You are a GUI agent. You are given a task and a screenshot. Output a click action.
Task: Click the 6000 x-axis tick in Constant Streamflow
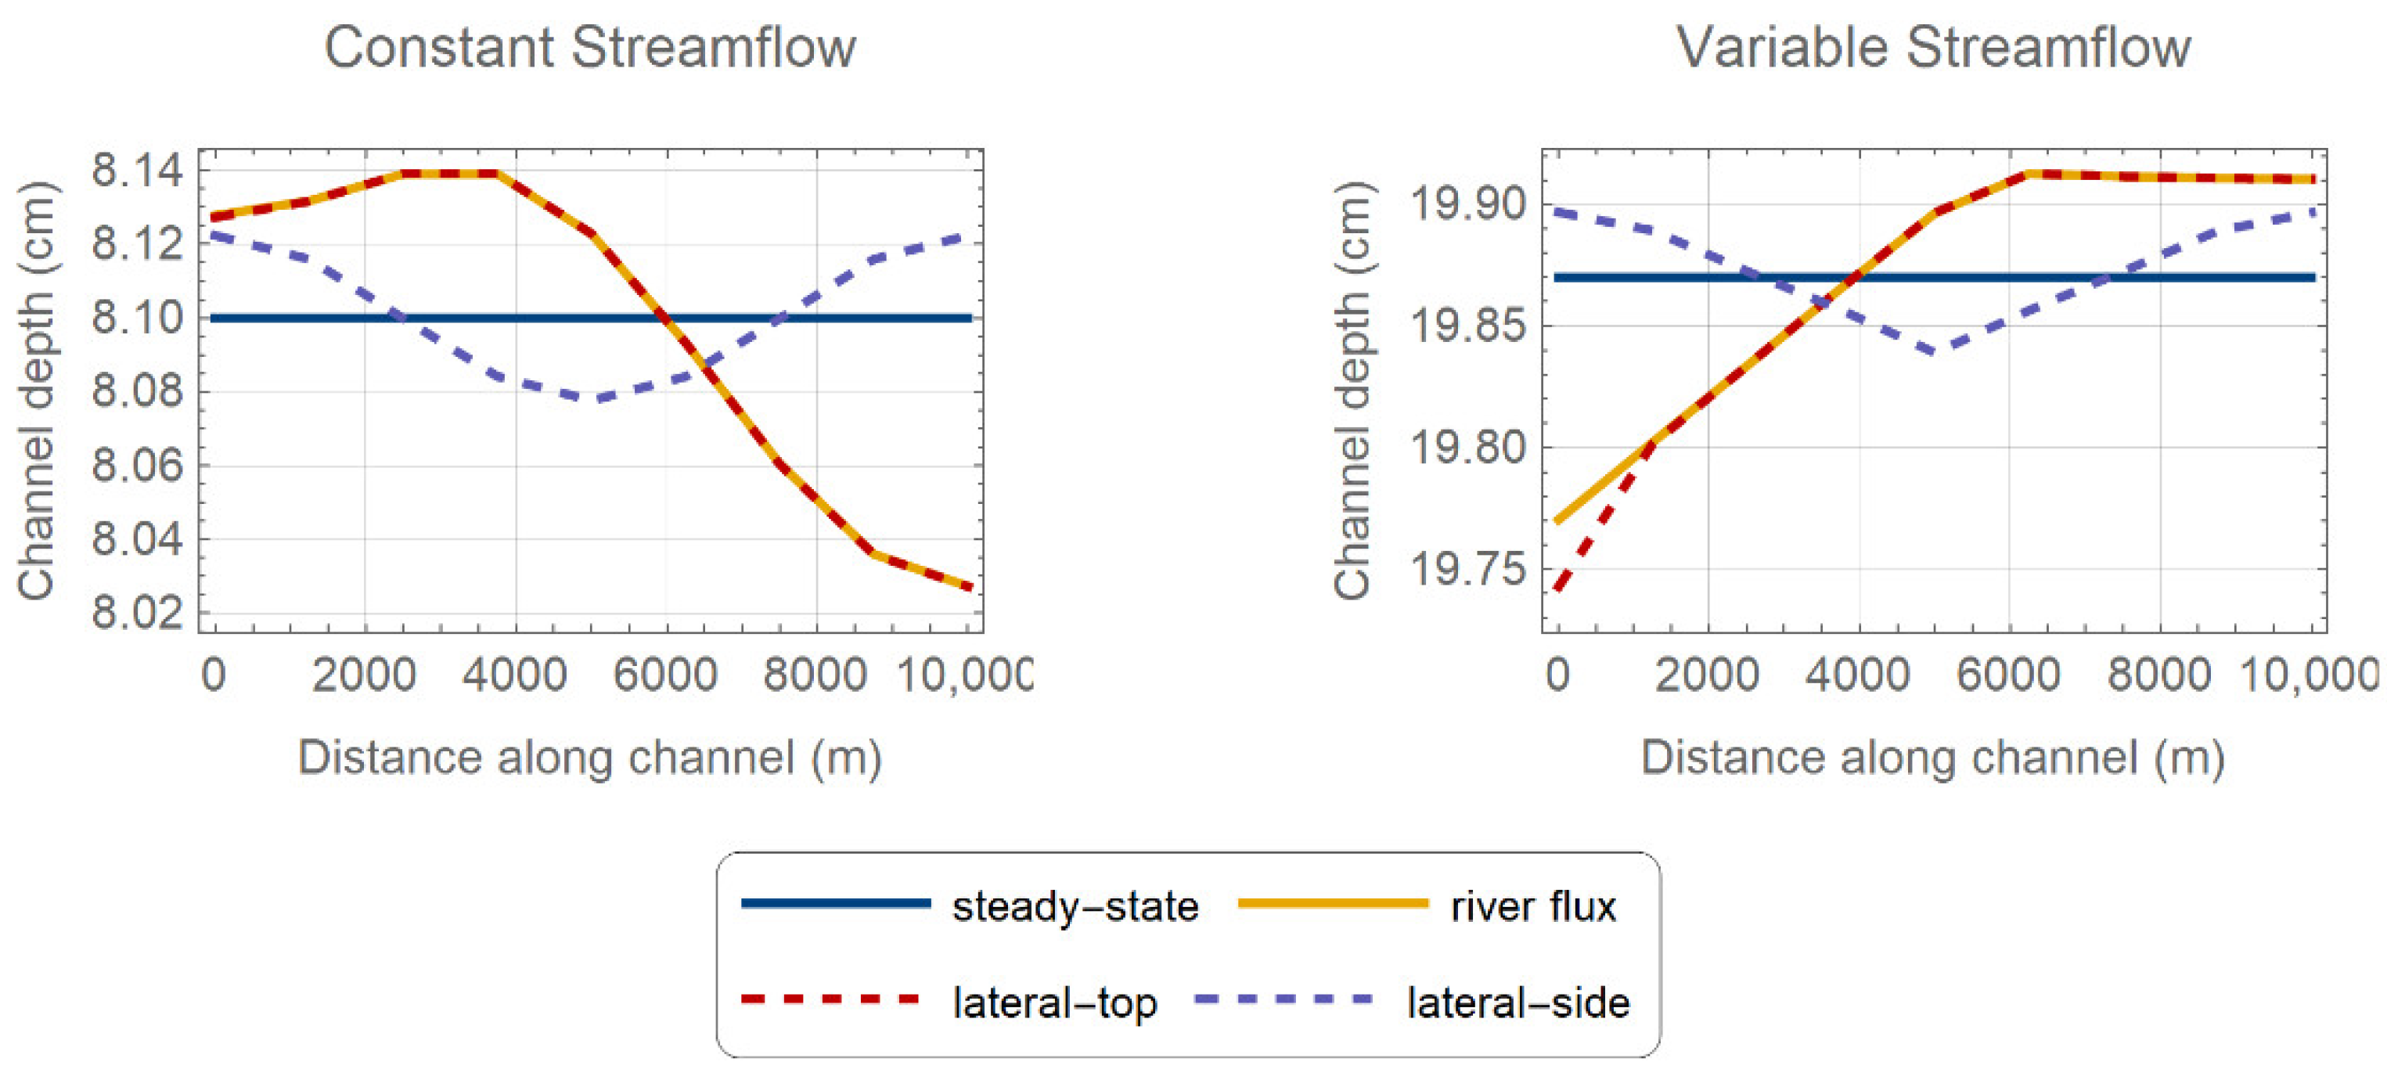[x=665, y=675]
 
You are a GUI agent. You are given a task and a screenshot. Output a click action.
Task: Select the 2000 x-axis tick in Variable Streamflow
[x=1707, y=675]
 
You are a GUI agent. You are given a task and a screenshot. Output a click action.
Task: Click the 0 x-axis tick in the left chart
[x=213, y=675]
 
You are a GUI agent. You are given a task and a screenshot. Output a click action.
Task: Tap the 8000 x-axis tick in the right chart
[x=2159, y=675]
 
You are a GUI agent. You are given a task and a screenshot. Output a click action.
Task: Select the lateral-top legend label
[x=1054, y=1003]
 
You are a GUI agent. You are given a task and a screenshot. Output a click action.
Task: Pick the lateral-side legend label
[x=1518, y=1003]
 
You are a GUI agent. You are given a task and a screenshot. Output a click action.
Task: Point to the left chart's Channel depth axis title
[x=37, y=390]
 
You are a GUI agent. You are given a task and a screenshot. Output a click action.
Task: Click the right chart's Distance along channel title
[x=1933, y=758]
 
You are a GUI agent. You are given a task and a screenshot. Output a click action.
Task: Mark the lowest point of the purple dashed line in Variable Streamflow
[x=1933, y=352]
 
